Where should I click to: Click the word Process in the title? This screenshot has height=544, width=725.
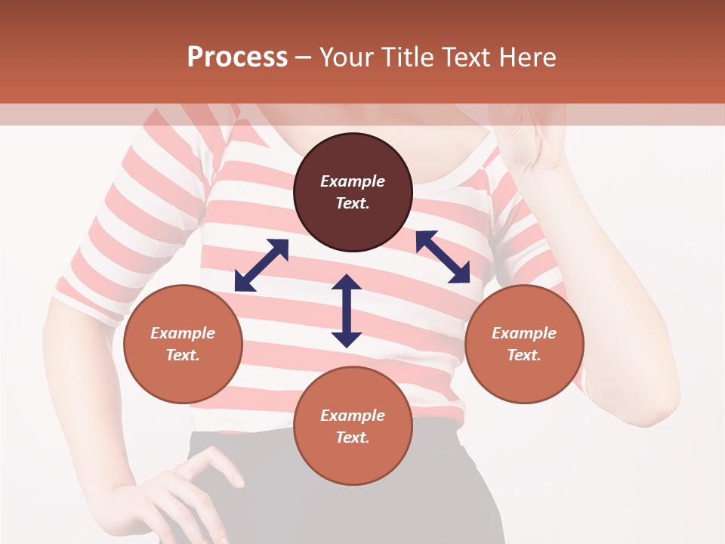tap(237, 57)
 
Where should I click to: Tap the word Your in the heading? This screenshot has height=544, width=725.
tap(348, 57)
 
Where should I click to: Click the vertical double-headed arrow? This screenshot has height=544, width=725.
tap(347, 311)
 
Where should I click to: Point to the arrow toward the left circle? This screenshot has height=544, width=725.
tap(261, 265)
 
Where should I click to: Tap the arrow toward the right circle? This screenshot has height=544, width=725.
tap(443, 257)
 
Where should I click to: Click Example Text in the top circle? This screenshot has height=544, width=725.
tap(353, 193)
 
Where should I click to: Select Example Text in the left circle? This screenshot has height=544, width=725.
tap(183, 344)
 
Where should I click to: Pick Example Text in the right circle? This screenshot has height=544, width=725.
tap(524, 344)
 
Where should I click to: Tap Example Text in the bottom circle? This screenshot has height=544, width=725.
tap(353, 426)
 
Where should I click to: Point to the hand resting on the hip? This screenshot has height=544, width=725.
tap(189, 491)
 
